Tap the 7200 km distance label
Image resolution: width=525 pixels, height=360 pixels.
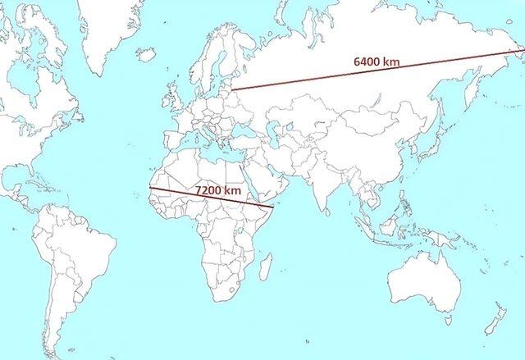[217, 190]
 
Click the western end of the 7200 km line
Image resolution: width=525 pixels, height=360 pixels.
[149, 189]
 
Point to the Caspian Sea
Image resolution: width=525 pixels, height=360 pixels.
[265, 131]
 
